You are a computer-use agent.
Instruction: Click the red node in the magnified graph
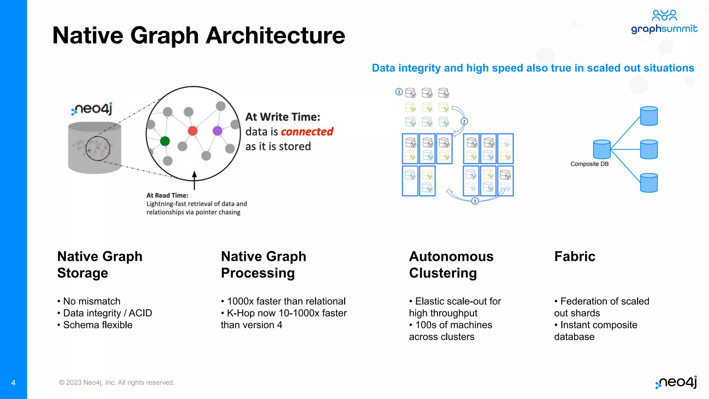(192, 131)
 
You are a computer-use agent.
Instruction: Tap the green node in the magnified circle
(165, 141)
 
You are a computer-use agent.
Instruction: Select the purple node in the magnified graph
(217, 131)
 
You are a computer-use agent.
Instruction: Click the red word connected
(307, 132)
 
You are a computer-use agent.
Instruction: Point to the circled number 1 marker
(399, 92)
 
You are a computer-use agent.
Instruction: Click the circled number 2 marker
(464, 122)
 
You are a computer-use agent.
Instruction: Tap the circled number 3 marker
(475, 201)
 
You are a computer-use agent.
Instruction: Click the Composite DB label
(589, 164)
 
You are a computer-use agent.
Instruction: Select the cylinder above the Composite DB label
(602, 149)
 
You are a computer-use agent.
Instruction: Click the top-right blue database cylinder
(649, 116)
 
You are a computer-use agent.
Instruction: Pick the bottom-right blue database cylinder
(649, 183)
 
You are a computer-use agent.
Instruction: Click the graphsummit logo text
(664, 29)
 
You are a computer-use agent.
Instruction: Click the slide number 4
(13, 383)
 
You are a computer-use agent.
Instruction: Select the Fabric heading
(575, 257)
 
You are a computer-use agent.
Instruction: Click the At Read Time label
(167, 195)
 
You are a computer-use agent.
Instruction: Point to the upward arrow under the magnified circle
(194, 180)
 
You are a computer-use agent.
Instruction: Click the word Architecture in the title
(275, 35)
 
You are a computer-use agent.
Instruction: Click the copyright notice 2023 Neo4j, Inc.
(117, 382)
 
